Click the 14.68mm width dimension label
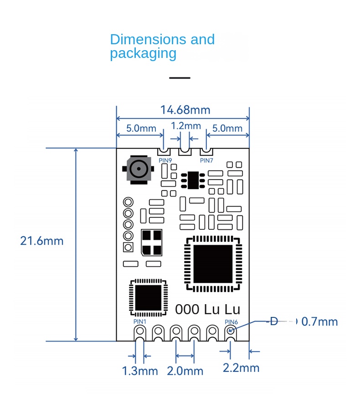point(185,110)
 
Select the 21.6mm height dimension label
point(41,241)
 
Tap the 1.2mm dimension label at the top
point(185,126)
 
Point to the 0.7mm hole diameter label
point(320,322)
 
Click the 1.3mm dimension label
point(140,371)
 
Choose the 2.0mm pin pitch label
point(185,371)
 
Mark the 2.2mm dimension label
point(241,368)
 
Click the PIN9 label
point(165,160)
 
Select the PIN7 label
point(206,160)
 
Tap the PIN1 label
point(140,321)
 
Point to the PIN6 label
point(231,321)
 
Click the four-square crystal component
point(152,242)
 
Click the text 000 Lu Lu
point(207,309)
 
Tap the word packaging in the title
point(143,53)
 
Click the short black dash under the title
point(180,78)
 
